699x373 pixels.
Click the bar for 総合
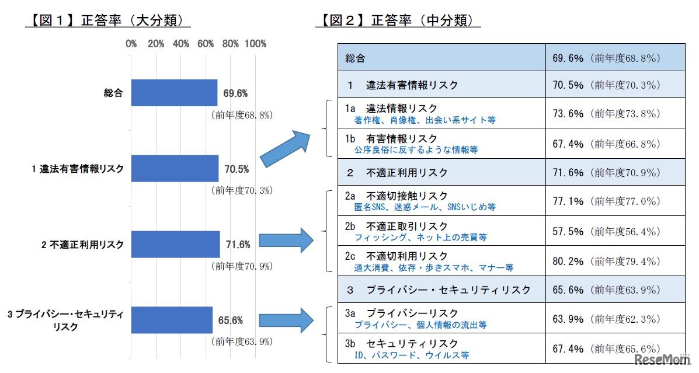(x=174, y=93)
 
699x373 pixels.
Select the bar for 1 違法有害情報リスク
(x=175, y=169)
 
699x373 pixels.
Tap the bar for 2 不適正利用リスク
(x=175, y=244)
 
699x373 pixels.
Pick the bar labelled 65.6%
(x=172, y=320)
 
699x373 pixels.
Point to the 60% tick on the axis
(x=206, y=44)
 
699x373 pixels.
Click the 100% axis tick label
(x=256, y=44)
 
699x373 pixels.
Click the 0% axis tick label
(x=131, y=44)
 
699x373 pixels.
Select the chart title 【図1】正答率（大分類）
(x=108, y=21)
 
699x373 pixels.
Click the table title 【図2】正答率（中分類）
(x=398, y=21)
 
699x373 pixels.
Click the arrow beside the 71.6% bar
(x=286, y=240)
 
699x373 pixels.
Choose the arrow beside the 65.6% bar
(x=286, y=320)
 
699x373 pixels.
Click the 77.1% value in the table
(x=568, y=201)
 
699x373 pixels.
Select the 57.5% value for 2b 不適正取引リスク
(x=568, y=231)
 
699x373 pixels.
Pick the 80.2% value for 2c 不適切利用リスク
(x=568, y=261)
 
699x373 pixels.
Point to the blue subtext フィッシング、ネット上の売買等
(x=420, y=238)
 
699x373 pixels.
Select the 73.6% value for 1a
(x=568, y=113)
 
